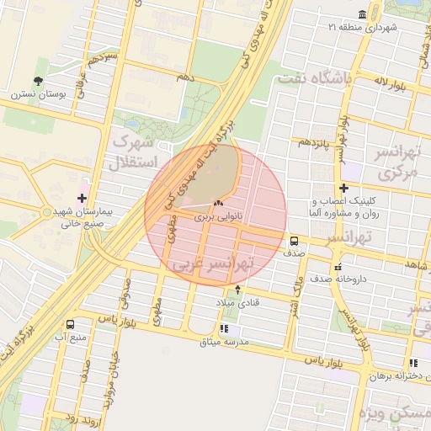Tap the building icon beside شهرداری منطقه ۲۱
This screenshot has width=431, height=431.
point(362,15)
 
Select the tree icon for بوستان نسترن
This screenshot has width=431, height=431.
point(38,81)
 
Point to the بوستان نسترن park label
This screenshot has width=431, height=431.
point(32,94)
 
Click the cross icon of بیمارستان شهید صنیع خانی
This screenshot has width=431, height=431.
point(82,198)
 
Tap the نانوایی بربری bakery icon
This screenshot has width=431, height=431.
point(219,203)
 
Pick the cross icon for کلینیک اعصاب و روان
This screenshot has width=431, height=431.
point(343,188)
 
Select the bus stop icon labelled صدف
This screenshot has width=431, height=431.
point(293,239)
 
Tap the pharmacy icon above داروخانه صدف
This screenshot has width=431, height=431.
point(338,267)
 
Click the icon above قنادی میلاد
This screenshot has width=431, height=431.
point(237,289)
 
